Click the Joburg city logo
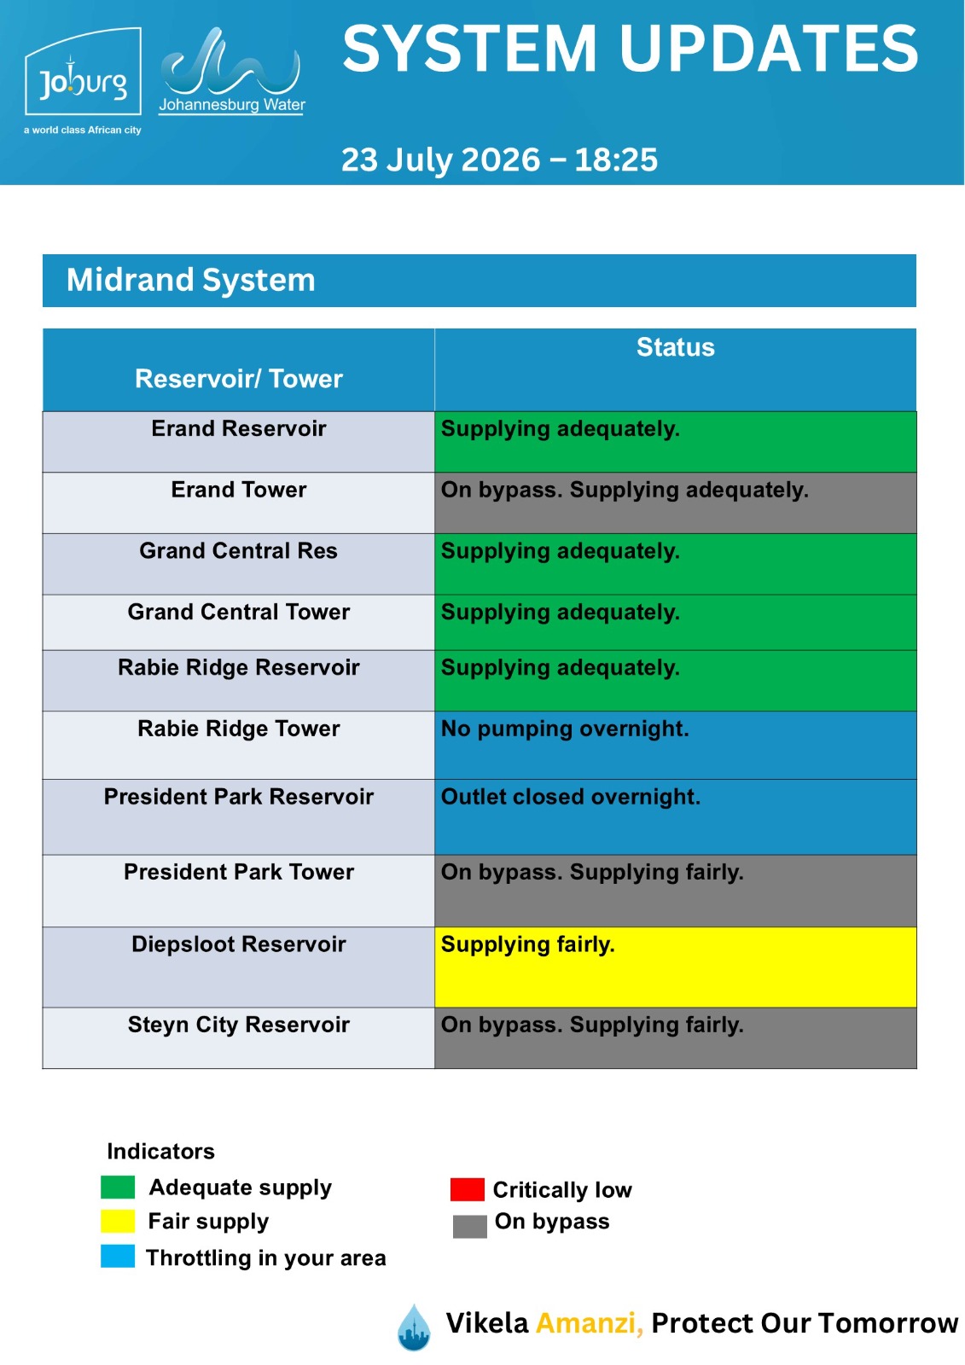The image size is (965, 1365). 83,80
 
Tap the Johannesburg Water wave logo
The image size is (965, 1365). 231,71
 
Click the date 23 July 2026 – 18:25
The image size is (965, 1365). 499,160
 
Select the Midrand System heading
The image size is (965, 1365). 191,280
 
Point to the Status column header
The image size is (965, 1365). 675,347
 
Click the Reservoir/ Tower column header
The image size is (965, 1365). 238,379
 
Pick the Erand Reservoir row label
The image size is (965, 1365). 238,428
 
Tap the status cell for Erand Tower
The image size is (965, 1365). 675,502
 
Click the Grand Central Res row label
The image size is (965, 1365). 238,550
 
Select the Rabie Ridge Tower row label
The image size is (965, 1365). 238,729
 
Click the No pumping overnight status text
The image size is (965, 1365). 565,729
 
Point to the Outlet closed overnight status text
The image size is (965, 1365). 571,797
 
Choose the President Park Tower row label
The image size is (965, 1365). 238,872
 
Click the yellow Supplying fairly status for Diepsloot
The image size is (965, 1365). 528,944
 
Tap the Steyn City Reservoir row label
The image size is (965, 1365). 238,1025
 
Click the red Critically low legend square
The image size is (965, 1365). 467,1189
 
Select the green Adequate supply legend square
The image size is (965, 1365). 118,1187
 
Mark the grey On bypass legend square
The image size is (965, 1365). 470,1226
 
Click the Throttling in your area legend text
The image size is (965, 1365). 266,1258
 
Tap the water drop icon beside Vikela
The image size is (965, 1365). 414,1327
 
